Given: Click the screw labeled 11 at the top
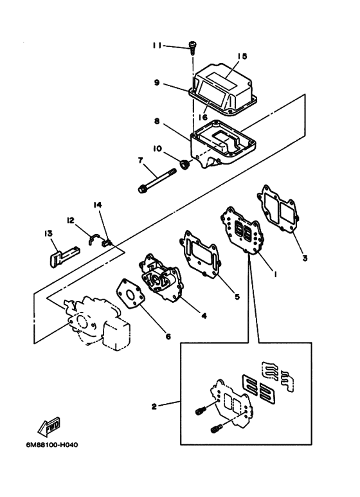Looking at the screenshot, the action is point(192,48).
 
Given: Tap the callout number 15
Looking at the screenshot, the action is point(242,56).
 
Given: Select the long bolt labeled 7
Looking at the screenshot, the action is point(157,181).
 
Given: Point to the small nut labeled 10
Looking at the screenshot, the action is point(184,165).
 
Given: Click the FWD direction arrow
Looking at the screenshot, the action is point(49,427).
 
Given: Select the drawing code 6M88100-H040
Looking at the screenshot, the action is point(52,445).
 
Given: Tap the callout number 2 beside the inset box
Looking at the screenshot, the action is point(154,406).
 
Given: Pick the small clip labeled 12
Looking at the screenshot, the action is point(94,239).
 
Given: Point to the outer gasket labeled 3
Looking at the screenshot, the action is point(278,210).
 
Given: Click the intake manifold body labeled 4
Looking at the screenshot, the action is point(160,277).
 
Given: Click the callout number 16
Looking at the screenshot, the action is point(203,117).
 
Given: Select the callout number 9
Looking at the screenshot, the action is point(157,83).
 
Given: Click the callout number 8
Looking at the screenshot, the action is point(157,121).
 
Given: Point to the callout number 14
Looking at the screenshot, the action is point(97,205).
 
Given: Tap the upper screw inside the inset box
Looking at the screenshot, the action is point(201,410).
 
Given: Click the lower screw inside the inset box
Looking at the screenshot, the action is point(216,429).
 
